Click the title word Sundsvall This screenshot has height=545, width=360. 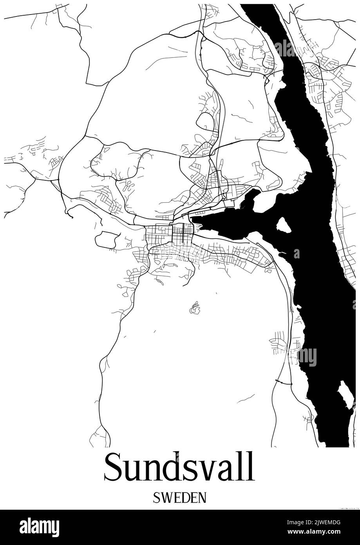[179, 467]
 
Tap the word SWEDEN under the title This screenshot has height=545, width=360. [179, 498]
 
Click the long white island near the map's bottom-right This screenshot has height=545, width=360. [346, 394]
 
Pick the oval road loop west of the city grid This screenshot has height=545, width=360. [106, 239]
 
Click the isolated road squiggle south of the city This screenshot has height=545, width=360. [195, 308]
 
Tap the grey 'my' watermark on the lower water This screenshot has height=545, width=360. [307, 357]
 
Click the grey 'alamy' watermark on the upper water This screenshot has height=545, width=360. [290, 48]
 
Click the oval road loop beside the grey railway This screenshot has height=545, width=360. [205, 122]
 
